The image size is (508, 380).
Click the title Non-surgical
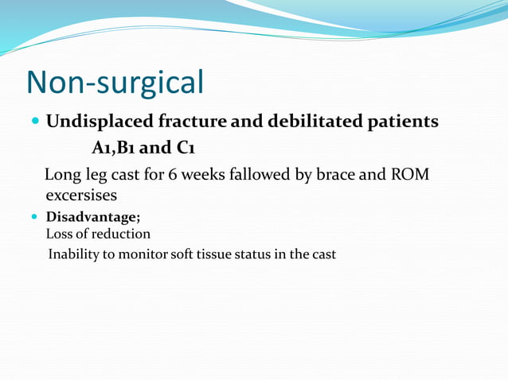[115, 83]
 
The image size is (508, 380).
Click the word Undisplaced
[99, 122]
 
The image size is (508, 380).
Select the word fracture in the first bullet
[193, 122]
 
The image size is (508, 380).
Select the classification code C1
[188, 148]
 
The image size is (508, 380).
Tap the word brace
[338, 175]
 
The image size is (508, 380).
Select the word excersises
[81, 194]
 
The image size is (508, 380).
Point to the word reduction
[121, 235]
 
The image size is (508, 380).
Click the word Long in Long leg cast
[61, 175]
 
